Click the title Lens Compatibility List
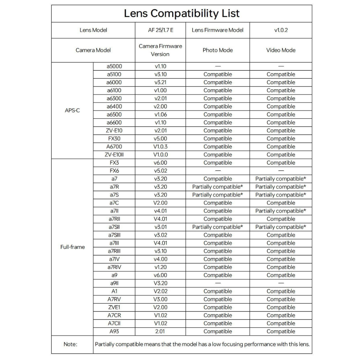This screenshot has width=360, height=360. (x=182, y=14)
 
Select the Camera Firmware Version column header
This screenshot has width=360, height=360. (x=160, y=50)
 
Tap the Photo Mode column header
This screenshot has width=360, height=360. (x=218, y=50)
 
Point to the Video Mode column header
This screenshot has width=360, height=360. (x=281, y=50)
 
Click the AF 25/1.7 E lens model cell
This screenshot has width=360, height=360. (x=160, y=30)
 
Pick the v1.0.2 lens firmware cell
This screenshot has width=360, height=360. (x=281, y=30)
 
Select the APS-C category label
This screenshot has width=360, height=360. (x=72, y=110)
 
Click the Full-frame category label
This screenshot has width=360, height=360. (x=72, y=247)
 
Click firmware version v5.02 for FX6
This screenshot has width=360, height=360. (x=160, y=171)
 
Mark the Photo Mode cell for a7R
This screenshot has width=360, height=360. (x=218, y=187)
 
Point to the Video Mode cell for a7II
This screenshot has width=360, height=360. (x=281, y=211)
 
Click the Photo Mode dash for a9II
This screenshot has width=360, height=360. (x=218, y=283)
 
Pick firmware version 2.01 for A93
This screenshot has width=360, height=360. (x=160, y=332)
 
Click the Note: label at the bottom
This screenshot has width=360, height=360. (x=71, y=344)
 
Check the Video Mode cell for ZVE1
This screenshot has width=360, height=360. (x=281, y=307)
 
